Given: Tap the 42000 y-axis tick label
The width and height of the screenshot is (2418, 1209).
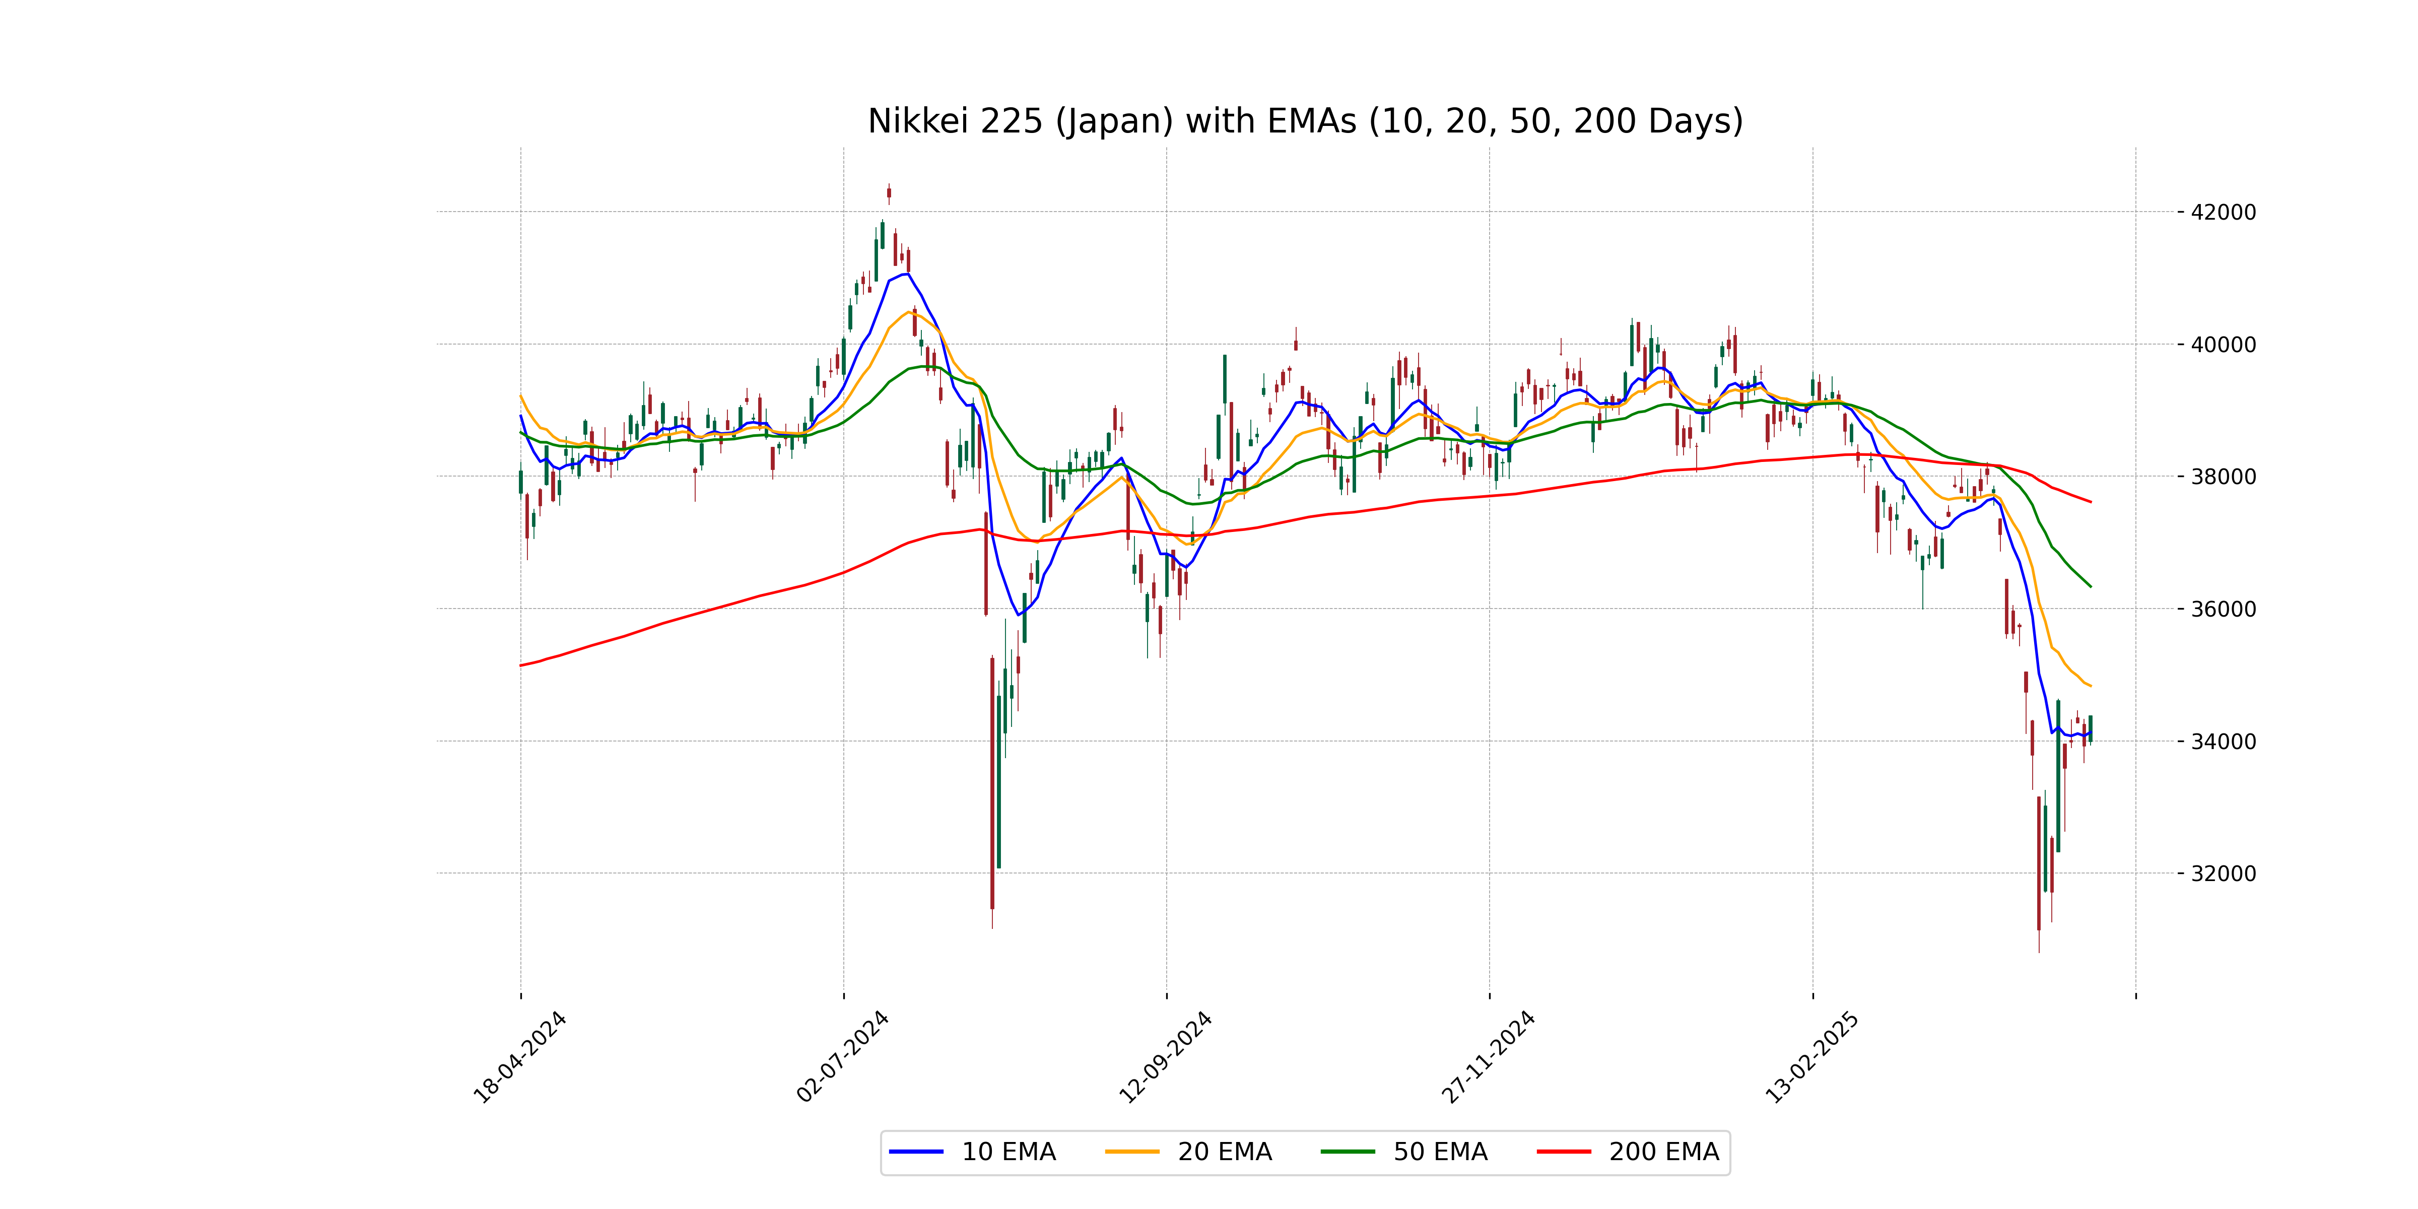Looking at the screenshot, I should [2223, 212].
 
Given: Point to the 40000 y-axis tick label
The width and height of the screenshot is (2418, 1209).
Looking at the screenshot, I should [2223, 345].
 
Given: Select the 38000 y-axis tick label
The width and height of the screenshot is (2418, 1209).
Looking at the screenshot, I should [2223, 477].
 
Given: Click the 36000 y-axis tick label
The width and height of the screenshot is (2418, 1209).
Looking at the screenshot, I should [2223, 609].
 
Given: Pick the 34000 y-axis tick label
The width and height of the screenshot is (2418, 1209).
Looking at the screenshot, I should [2223, 742].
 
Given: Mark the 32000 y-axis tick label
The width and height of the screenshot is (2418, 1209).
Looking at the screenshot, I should [2223, 874].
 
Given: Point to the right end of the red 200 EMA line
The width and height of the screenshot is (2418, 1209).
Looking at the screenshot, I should [2091, 502].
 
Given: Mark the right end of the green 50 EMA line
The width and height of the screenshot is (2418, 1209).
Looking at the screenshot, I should [2091, 587].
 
